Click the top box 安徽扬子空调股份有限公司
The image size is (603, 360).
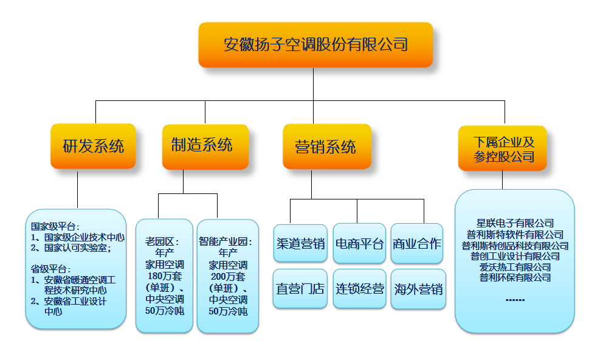(x=315, y=45)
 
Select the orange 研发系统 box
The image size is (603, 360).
(x=93, y=147)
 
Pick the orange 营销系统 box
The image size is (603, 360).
(x=326, y=147)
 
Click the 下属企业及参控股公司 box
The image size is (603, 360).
(x=502, y=150)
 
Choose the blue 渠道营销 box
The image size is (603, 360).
(x=300, y=244)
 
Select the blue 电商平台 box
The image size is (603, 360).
(x=359, y=244)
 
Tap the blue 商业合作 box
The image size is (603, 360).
(x=417, y=244)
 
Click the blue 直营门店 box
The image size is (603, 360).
(x=300, y=289)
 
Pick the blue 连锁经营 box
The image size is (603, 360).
(x=359, y=289)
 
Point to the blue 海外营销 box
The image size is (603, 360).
(x=417, y=289)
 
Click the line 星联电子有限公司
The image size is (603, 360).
(x=515, y=224)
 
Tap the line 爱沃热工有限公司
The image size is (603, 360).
(x=515, y=267)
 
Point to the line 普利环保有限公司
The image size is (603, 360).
(x=515, y=278)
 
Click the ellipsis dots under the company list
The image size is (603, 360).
(x=515, y=300)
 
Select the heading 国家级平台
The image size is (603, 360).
(x=55, y=226)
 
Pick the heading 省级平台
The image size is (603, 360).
(x=51, y=269)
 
